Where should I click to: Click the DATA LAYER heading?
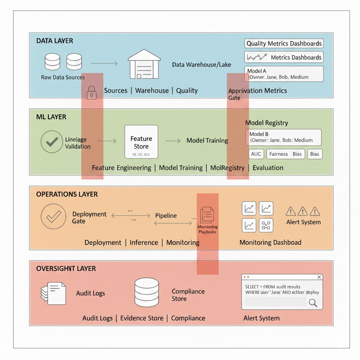click(x=54, y=41)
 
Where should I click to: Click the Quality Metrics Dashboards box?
click(x=284, y=44)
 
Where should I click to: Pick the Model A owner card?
click(x=284, y=74)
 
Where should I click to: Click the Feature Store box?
click(x=141, y=142)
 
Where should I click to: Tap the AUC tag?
click(x=256, y=154)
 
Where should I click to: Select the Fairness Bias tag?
click(x=285, y=154)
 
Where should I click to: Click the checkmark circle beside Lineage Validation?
click(x=52, y=141)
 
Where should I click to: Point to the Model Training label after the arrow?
click(x=207, y=141)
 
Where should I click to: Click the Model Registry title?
click(x=266, y=123)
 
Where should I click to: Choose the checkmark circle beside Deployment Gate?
click(x=53, y=217)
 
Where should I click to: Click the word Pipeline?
click(x=166, y=216)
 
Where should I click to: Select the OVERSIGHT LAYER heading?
click(x=66, y=269)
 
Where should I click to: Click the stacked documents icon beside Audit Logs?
click(x=53, y=293)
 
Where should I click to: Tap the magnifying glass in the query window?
click(x=312, y=302)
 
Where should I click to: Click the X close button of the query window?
click(x=319, y=277)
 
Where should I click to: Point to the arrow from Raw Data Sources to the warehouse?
click(x=104, y=63)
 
